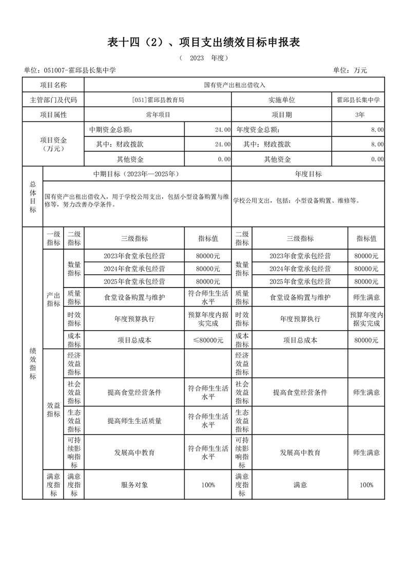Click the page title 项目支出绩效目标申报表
tap(203, 43)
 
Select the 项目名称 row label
tap(53, 85)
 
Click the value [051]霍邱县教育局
tap(158, 100)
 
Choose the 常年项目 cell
tap(158, 115)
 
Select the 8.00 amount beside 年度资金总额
tap(377, 130)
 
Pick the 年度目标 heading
tap(308, 174)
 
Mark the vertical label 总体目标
tap(33, 197)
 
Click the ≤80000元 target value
tap(208, 340)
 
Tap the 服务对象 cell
tap(134, 485)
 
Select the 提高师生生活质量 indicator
tap(134, 421)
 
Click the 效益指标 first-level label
tap(53, 409)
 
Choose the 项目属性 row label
tap(53, 115)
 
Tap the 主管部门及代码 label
tap(53, 100)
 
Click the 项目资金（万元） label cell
tap(53, 144)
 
